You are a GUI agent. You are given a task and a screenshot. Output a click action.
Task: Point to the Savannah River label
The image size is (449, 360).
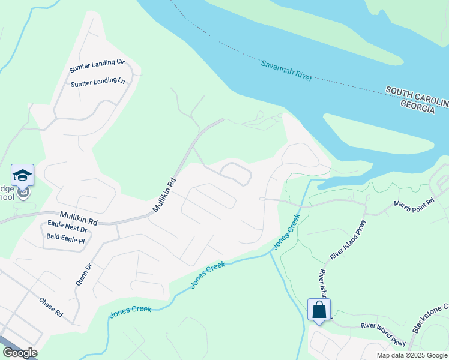click(286, 70)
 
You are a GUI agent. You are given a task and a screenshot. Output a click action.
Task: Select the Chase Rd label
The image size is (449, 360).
click(51, 307)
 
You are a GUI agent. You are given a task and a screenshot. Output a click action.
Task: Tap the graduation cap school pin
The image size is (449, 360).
click(23, 175)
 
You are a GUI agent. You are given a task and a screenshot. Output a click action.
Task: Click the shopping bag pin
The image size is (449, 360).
click(319, 310)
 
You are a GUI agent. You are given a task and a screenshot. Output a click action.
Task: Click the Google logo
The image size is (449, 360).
click(19, 353)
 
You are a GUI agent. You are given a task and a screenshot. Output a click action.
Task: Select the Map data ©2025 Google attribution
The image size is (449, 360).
click(411, 355)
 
